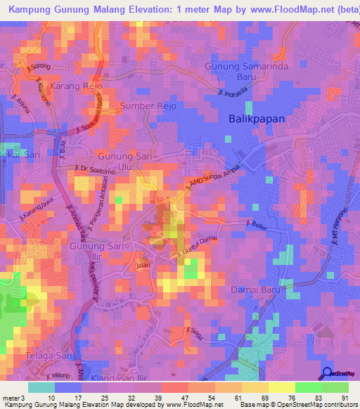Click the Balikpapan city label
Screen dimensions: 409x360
[257, 119]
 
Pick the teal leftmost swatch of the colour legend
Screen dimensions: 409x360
[41, 387]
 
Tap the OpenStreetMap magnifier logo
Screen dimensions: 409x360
[326, 373]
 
